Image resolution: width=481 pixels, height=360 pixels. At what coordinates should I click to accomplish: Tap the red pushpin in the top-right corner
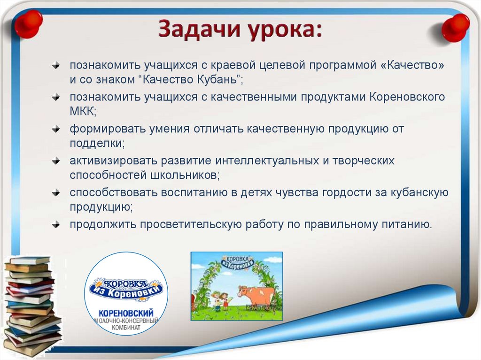(x=455, y=27)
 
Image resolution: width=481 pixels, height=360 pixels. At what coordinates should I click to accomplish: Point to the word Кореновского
(x=407, y=97)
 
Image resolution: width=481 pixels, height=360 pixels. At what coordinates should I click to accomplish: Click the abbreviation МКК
(x=83, y=111)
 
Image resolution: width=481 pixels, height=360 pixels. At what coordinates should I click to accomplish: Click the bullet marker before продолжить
(x=56, y=224)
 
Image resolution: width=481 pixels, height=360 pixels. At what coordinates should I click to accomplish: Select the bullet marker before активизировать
(x=56, y=161)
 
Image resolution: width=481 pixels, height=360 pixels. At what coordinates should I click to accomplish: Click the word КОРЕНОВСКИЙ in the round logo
(x=125, y=313)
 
